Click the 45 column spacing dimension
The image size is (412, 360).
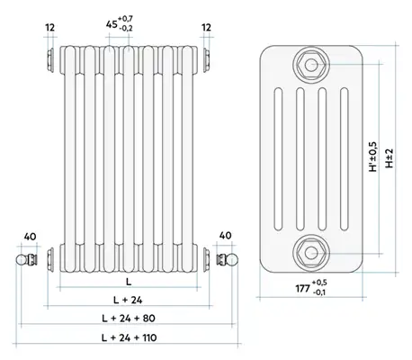[120, 23]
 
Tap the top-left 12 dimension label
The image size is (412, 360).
[50, 28]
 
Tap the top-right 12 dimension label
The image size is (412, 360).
[206, 28]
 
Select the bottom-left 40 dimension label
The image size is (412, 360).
[30, 237]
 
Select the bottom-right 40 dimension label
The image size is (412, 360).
[225, 236]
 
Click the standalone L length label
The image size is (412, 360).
[129, 282]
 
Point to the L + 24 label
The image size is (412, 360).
[128, 300]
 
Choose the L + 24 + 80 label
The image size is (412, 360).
[129, 318]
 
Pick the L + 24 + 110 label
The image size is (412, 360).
[129, 337]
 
